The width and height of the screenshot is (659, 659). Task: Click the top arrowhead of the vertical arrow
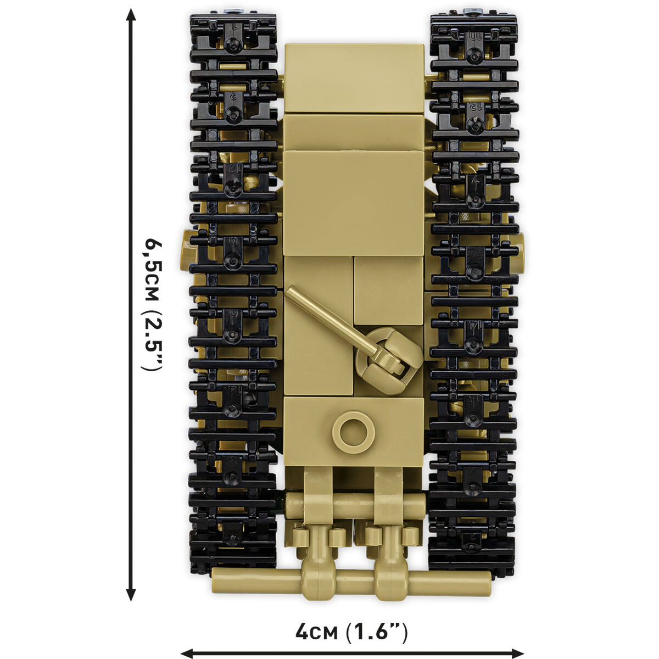[x=130, y=15]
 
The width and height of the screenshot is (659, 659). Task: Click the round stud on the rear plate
[x=354, y=432]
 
